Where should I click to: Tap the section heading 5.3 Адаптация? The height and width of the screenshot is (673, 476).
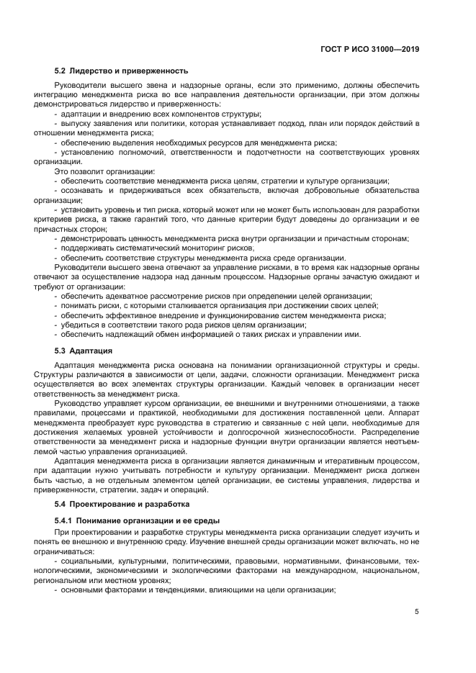[83, 351]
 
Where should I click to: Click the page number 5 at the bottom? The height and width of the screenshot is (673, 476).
[417, 612]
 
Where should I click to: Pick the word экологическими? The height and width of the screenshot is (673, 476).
[199, 571]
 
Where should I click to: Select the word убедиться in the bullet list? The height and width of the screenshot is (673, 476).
[81, 325]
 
